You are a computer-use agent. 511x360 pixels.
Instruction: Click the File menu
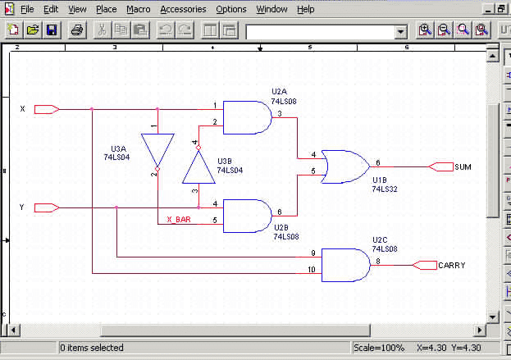27,9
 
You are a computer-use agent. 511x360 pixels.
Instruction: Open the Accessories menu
183,9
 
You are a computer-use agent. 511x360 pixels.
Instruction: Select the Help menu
306,9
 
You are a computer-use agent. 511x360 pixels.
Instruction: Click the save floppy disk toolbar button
52,30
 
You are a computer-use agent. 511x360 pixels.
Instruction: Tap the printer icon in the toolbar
77,30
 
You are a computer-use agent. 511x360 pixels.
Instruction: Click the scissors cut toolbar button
102,30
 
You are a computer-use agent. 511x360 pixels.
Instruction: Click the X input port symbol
47,109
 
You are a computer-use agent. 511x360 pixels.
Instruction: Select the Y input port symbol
47,207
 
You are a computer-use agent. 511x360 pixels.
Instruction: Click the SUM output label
463,167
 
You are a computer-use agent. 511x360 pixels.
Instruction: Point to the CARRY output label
452,266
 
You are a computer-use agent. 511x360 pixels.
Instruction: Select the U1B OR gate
345,166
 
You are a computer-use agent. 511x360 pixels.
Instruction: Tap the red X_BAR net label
179,220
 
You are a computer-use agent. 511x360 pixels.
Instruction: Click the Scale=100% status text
379,348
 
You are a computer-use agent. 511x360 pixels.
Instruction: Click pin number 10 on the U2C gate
312,270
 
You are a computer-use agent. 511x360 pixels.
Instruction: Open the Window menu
271,9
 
